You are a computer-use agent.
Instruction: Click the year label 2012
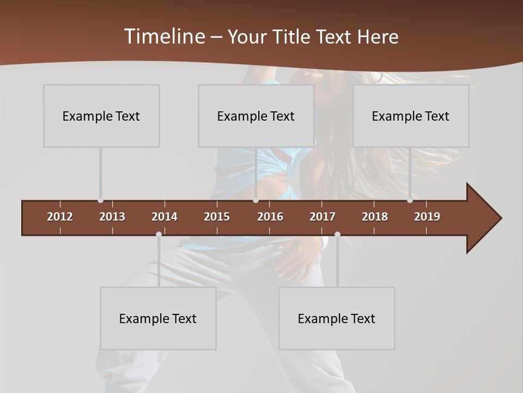tap(60, 217)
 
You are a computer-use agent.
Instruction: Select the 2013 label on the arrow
tap(112, 217)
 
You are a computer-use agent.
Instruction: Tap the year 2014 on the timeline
tap(165, 217)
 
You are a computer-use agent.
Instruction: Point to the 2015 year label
tap(217, 217)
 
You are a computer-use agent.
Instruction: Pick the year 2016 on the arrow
tap(270, 217)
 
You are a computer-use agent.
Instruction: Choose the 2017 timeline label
tap(323, 217)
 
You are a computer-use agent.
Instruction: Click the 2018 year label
tap(375, 217)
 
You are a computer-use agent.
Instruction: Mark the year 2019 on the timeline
tap(427, 217)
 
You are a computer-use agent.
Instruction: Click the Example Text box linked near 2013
tap(101, 116)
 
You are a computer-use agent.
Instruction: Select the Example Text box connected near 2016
tap(256, 116)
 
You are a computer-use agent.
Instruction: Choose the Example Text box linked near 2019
tap(411, 116)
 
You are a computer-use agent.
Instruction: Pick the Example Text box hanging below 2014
tap(158, 318)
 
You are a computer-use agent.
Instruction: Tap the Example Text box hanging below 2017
tap(337, 318)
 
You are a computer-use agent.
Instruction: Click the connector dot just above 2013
tap(100, 200)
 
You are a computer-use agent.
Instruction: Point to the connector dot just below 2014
tap(159, 235)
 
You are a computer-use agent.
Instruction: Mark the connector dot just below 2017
tap(337, 235)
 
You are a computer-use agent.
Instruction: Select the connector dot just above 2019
tap(410, 200)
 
